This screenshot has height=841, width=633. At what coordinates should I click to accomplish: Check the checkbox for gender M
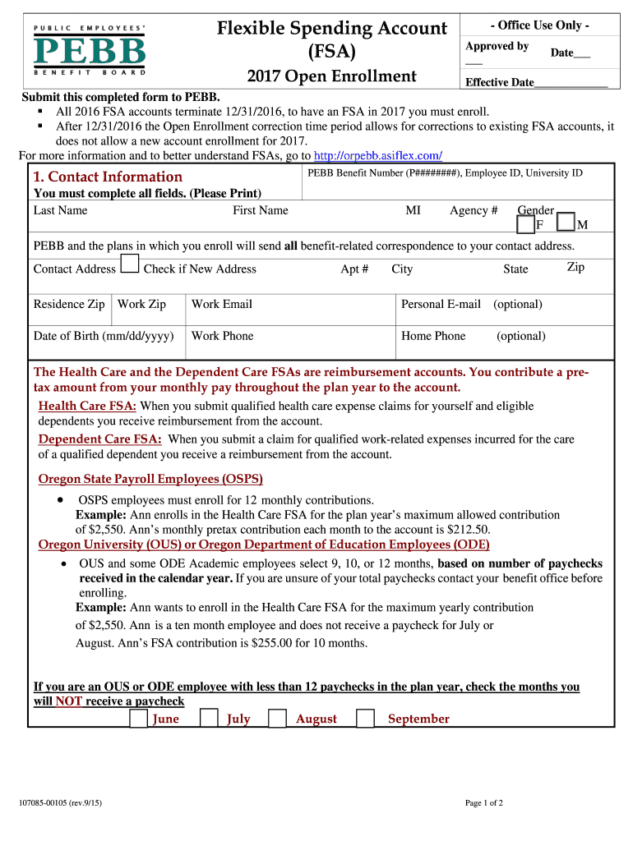(x=566, y=223)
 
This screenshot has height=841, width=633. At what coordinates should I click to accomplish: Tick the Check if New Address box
(x=130, y=264)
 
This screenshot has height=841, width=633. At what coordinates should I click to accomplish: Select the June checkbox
(x=140, y=719)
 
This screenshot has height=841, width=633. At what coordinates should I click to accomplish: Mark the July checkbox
(x=210, y=719)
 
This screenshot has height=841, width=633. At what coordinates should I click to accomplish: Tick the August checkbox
(x=278, y=719)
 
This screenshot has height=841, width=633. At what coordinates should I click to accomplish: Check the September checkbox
(x=366, y=719)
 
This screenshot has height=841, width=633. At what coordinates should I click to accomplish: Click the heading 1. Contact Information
(x=108, y=177)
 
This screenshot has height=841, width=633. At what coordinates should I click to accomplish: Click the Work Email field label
(x=222, y=304)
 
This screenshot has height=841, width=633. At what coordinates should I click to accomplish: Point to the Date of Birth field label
(x=104, y=336)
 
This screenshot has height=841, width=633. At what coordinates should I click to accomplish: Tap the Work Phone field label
(x=223, y=336)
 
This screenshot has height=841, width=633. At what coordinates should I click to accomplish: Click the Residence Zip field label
(x=69, y=304)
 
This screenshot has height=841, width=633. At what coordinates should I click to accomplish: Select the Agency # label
(x=474, y=210)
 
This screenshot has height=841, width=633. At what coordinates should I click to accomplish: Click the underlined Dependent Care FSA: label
(x=100, y=439)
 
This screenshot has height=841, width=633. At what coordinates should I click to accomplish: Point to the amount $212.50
(x=466, y=530)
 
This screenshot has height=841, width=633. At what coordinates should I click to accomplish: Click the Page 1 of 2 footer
(x=484, y=802)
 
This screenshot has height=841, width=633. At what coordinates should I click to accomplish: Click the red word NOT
(x=68, y=701)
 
